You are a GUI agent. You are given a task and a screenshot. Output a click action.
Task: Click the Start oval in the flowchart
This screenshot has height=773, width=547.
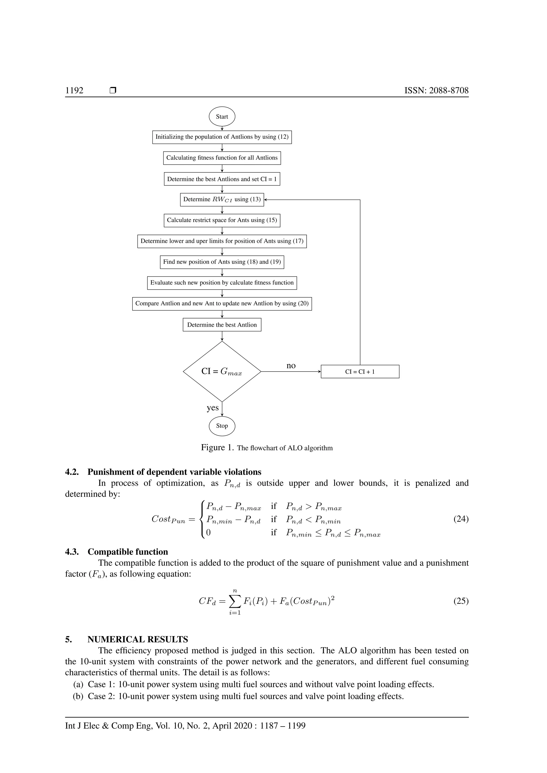222,116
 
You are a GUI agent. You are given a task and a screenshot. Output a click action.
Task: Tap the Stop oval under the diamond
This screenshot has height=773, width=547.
222,426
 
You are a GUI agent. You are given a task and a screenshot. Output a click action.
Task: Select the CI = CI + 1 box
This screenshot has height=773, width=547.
360,372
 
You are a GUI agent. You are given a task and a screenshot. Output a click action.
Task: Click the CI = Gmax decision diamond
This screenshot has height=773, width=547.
222,371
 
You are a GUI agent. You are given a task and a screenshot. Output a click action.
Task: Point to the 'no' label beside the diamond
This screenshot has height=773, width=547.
291,366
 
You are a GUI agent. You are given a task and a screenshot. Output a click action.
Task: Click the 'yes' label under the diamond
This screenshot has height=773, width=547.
213,408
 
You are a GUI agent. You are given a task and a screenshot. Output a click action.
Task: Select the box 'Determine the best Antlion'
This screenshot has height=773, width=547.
222,325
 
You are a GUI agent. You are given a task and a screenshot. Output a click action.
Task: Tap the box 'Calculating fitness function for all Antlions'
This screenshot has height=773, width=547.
222,158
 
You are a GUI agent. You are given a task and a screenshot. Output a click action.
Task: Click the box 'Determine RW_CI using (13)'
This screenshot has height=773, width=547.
222,200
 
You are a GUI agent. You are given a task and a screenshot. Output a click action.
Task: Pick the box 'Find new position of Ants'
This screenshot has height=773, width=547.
222,262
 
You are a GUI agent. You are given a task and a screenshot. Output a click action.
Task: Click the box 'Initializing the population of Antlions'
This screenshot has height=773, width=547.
222,137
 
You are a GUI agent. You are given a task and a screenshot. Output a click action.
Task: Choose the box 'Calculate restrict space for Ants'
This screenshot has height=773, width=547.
222,220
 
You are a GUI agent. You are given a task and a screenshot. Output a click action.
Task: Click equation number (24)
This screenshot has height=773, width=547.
461,519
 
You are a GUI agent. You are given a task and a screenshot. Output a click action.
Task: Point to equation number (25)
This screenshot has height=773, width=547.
461,601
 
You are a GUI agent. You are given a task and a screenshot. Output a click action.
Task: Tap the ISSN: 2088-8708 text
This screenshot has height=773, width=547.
436,90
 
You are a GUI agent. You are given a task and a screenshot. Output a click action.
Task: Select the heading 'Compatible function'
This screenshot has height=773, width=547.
128,552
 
